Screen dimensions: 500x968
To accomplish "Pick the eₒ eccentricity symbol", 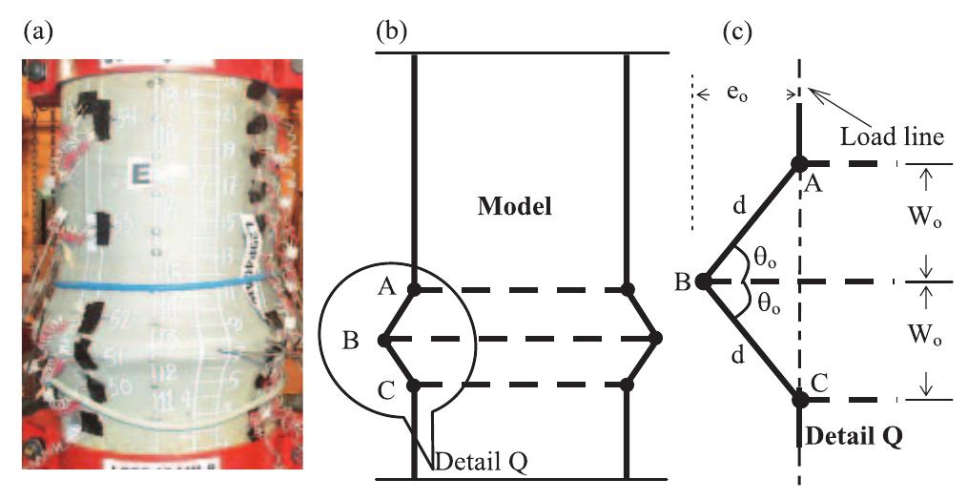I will [x=745, y=97].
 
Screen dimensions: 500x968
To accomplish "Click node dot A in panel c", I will [x=800, y=164].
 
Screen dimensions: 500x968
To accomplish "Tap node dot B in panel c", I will [x=702, y=281].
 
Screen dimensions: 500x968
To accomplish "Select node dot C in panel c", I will [x=800, y=400].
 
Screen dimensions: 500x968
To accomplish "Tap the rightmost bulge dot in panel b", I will [x=656, y=338].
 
